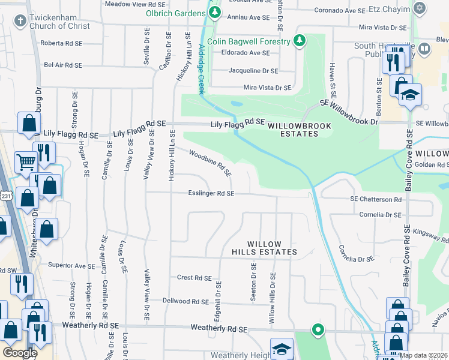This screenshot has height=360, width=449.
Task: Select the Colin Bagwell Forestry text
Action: [249, 41]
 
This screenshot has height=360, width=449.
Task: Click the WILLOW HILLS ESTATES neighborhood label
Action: [264, 248]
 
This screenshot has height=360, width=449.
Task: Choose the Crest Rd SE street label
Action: [194, 278]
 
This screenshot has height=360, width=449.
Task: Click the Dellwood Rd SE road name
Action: [185, 301]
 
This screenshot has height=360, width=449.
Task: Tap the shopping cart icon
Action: [25, 161]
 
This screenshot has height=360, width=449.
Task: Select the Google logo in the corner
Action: [20, 352]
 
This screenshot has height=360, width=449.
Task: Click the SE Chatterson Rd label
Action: [376, 199]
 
